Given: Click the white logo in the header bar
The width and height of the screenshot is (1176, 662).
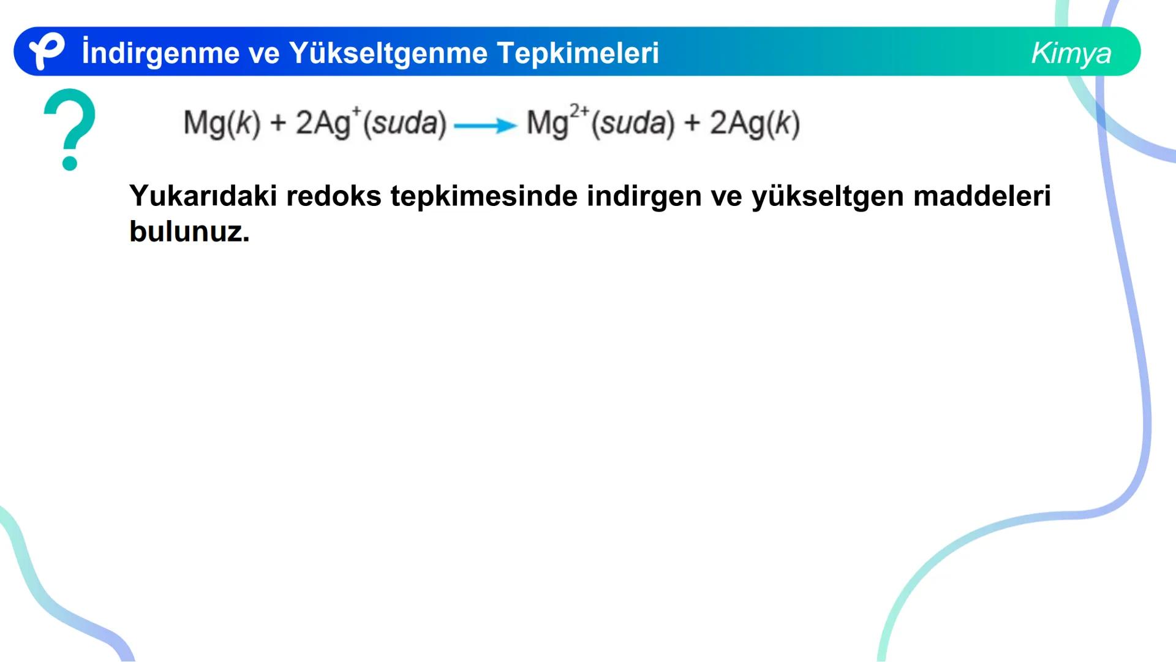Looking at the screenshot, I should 47,51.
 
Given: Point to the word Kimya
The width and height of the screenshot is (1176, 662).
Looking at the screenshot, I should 1071,53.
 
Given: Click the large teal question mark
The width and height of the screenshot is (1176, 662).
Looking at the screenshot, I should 70,129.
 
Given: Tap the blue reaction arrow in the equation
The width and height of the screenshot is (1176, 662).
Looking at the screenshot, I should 485,126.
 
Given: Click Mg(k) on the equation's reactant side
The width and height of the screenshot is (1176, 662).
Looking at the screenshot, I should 222,123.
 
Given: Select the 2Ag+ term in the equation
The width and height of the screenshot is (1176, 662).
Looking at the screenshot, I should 328,123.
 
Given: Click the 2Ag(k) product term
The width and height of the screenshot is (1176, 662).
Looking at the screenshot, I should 755,123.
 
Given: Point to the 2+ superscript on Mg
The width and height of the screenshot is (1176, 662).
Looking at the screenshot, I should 579,112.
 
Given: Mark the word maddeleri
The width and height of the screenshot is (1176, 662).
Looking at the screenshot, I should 982,196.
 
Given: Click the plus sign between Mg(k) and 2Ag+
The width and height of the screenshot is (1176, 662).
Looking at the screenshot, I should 278,123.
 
